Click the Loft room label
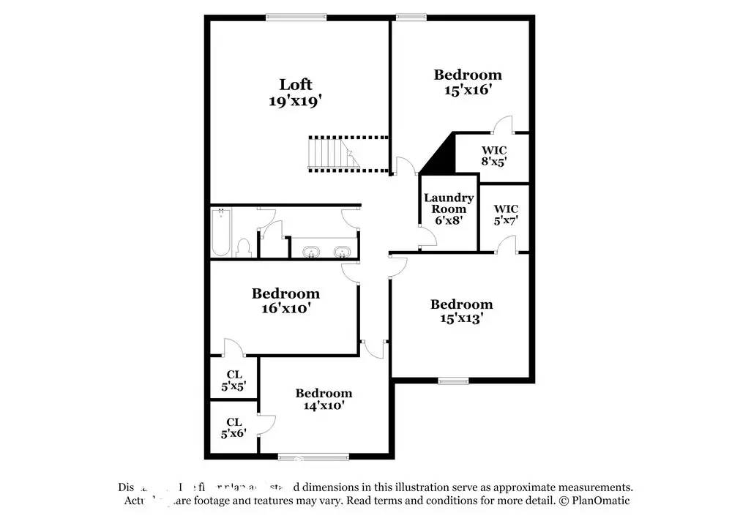pyautogui.click(x=296, y=84)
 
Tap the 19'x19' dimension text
pyautogui.click(x=296, y=101)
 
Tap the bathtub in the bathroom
pyautogui.click(x=221, y=233)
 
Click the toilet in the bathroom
pyautogui.click(x=244, y=247)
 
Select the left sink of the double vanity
pyautogui.click(x=311, y=252)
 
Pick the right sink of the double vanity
pyautogui.click(x=340, y=252)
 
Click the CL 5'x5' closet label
pyautogui.click(x=234, y=379)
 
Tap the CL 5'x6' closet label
pyautogui.click(x=234, y=427)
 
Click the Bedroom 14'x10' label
pyautogui.click(x=324, y=399)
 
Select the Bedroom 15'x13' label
pyautogui.click(x=461, y=311)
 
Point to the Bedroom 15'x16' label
pyautogui.click(x=468, y=81)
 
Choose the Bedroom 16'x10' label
pyautogui.click(x=285, y=301)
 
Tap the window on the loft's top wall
pyautogui.click(x=296, y=18)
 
